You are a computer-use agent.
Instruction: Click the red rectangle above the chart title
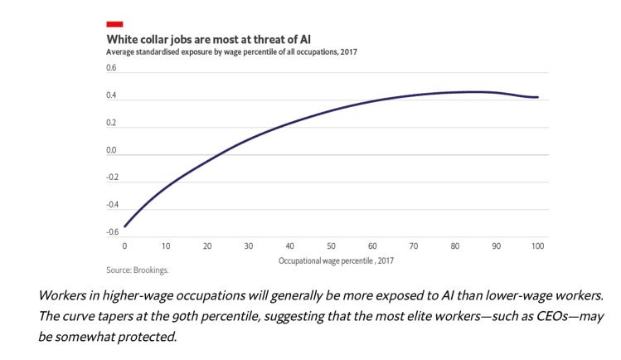114,24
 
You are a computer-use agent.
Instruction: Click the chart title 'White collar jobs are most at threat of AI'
209,39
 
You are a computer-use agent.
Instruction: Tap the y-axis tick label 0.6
111,68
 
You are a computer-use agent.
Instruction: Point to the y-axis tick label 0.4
111,95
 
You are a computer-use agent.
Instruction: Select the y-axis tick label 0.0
111,150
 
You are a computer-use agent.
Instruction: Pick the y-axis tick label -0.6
111,231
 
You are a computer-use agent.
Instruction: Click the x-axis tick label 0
124,246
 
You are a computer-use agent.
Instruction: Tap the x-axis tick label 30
248,246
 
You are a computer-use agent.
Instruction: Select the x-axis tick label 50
331,246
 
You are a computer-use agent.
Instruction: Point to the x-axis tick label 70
414,246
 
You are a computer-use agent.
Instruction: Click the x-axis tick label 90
497,246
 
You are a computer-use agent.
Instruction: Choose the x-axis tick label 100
538,246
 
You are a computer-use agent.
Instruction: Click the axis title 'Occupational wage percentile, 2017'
336,260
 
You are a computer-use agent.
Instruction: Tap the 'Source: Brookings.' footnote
137,270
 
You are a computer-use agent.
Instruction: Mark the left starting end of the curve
124,226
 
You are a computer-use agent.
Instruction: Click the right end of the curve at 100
538,97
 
